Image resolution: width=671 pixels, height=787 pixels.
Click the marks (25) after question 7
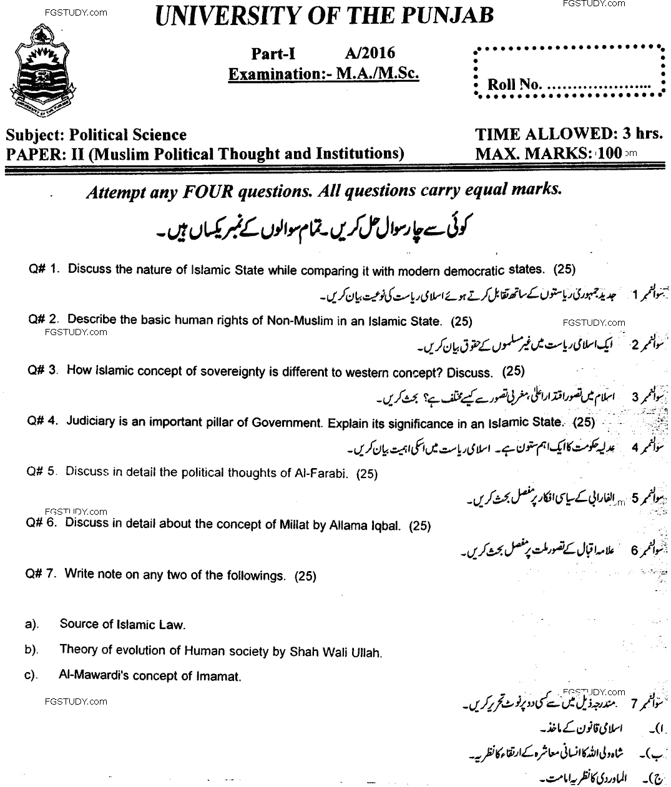coord(306,575)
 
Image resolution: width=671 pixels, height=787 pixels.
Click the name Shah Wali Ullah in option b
coord(336,652)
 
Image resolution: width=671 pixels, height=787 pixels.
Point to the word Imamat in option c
coord(220,676)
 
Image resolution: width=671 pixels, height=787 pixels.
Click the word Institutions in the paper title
coord(356,153)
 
